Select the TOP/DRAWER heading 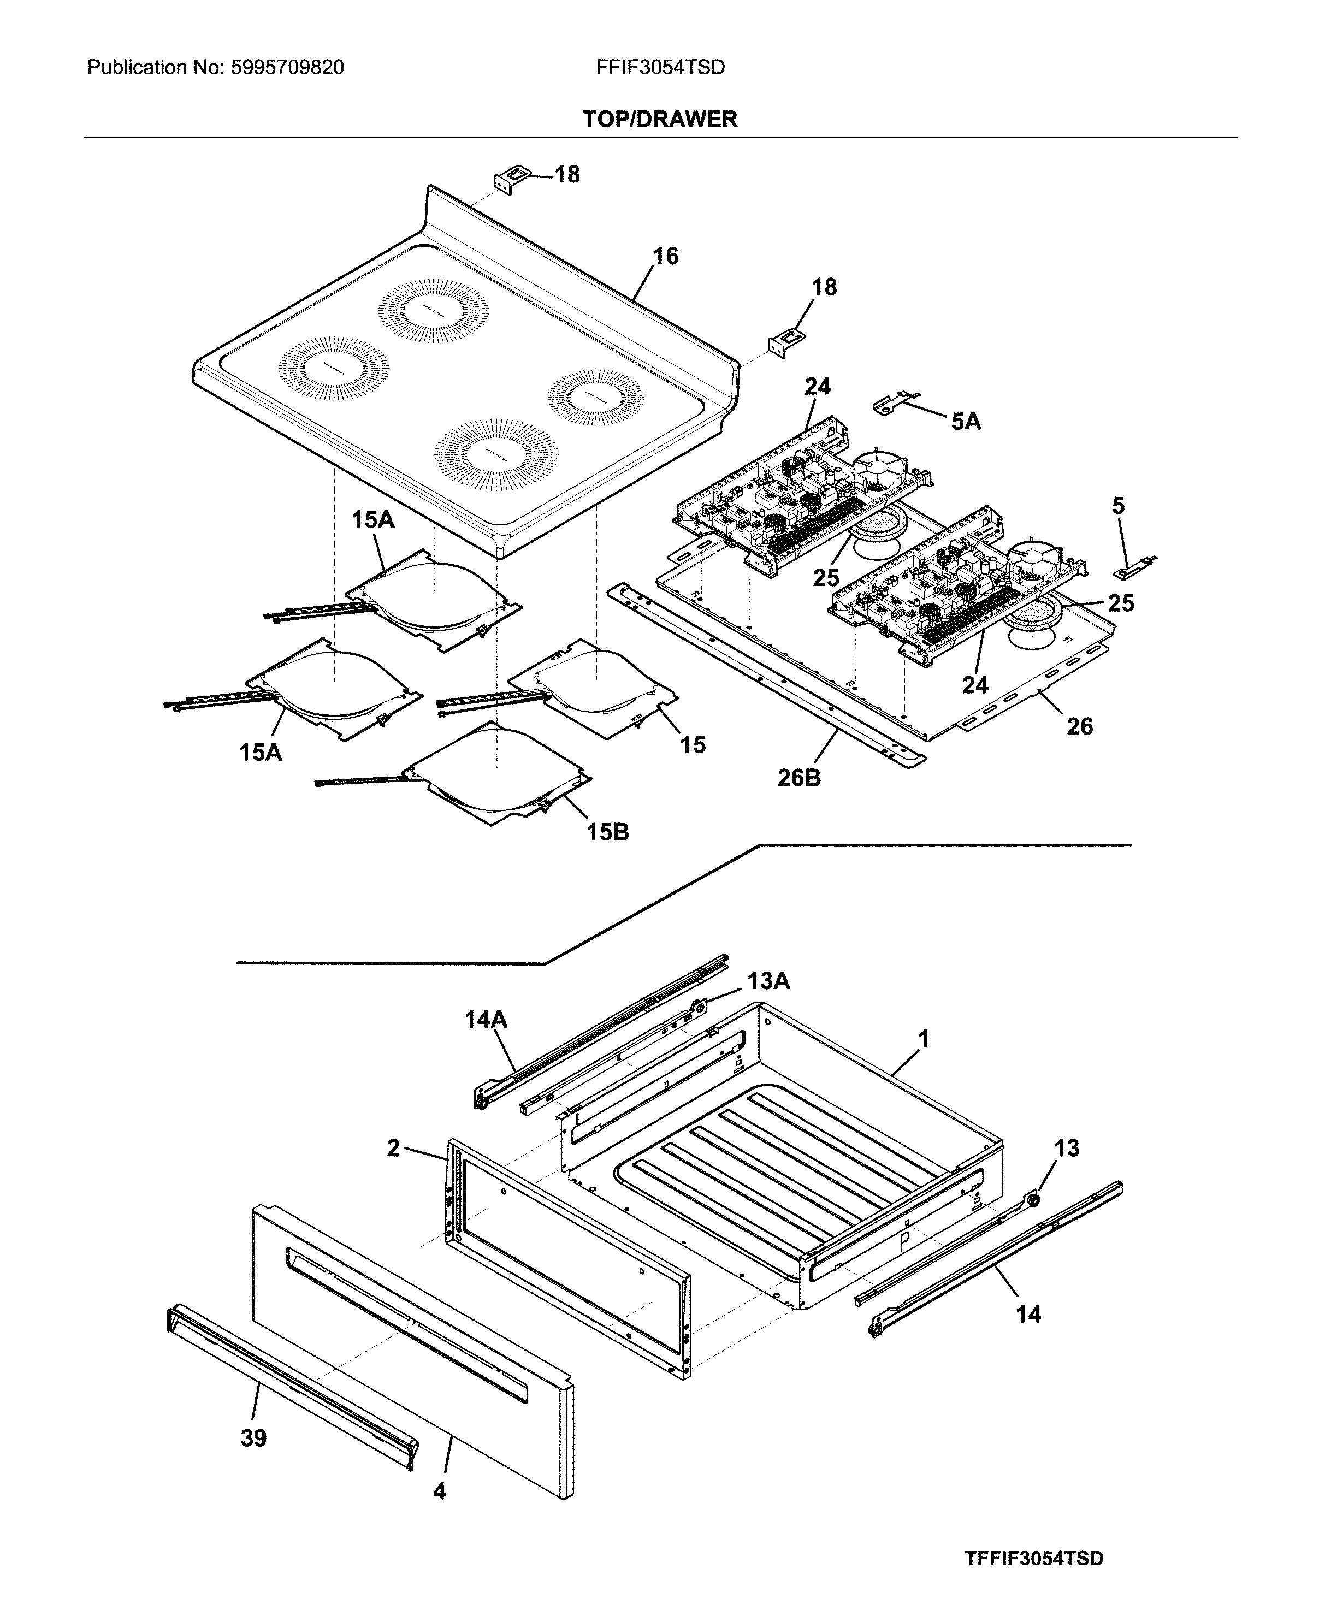660,119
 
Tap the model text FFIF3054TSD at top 660,68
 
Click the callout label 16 666,257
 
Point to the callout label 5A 966,422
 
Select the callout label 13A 768,981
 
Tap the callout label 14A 486,1020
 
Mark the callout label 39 253,1438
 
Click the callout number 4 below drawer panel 440,1491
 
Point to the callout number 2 393,1148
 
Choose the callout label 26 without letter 1079,727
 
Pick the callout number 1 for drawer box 924,1040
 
